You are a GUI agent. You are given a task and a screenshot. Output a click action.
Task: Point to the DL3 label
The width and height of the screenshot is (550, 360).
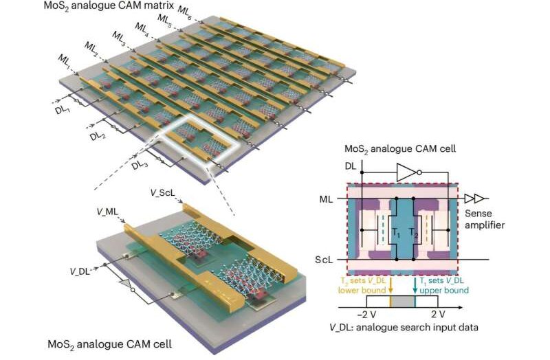[x=140, y=164]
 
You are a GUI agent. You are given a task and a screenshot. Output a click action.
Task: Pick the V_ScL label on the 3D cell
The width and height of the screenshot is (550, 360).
[x=162, y=194]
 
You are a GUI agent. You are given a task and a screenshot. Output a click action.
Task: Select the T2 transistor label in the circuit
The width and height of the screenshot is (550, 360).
[x=413, y=232]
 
